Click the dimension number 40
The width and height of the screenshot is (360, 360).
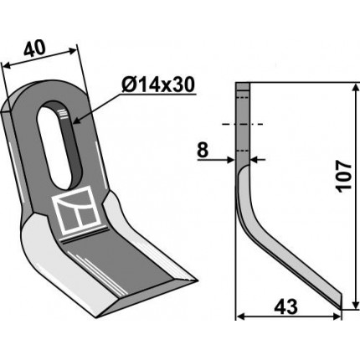pyautogui.click(x=34, y=49)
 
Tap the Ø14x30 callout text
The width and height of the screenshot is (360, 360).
pyautogui.click(x=158, y=85)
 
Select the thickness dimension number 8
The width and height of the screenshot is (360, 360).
pyautogui.click(x=203, y=151)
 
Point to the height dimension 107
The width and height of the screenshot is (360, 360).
pyautogui.click(x=344, y=176)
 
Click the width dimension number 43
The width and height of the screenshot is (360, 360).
pyautogui.click(x=286, y=307)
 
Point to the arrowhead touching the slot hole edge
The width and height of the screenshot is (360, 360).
pyautogui.click(x=77, y=121)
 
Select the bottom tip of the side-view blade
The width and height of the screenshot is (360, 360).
pyautogui.click(x=341, y=309)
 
